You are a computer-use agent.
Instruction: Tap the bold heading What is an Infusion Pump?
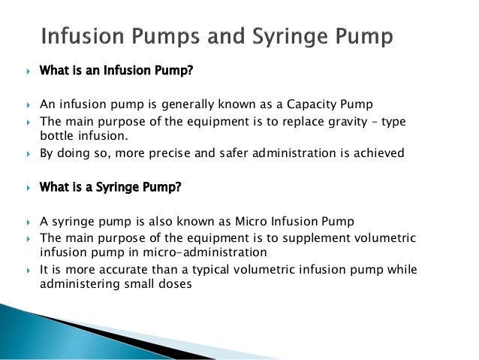pos(112,71)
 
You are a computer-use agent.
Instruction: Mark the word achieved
pos(378,153)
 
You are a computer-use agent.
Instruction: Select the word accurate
pos(113,269)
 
